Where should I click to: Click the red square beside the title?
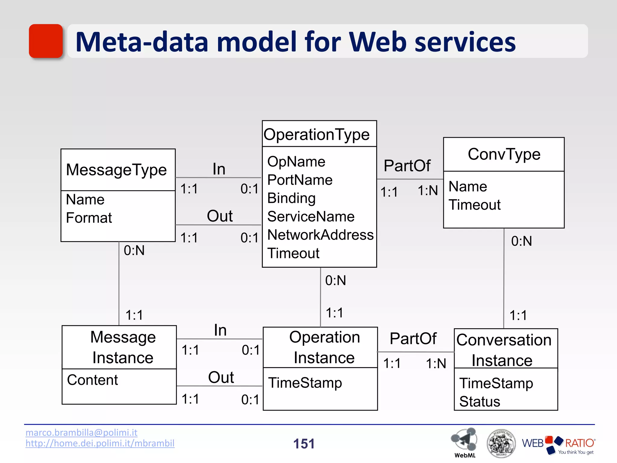pyautogui.click(x=46, y=41)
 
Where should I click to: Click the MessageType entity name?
pyautogui.click(x=116, y=170)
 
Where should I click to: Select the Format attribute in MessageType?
pyautogui.click(x=89, y=218)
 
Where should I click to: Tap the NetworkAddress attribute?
pyautogui.click(x=320, y=235)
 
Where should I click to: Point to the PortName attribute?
pyautogui.click(x=300, y=180)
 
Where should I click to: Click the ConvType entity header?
pyautogui.click(x=504, y=154)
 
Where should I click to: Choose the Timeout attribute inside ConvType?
pyautogui.click(x=474, y=205)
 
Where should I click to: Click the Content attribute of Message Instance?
pyautogui.click(x=92, y=380)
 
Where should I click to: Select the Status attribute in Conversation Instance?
pyautogui.click(x=480, y=402)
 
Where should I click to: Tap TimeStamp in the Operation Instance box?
pyautogui.click(x=305, y=383)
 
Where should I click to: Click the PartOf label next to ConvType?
pyautogui.click(x=407, y=165)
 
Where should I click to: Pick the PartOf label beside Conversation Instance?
pyautogui.click(x=413, y=339)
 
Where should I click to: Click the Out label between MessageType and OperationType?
pyautogui.click(x=220, y=216)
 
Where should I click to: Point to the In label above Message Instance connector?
pyautogui.click(x=220, y=330)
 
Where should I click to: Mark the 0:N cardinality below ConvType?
pyautogui.click(x=521, y=241)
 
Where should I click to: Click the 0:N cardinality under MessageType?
pyautogui.click(x=134, y=250)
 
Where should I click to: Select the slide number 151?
pyautogui.click(x=304, y=444)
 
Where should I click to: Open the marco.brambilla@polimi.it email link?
pyautogui.click(x=81, y=433)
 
